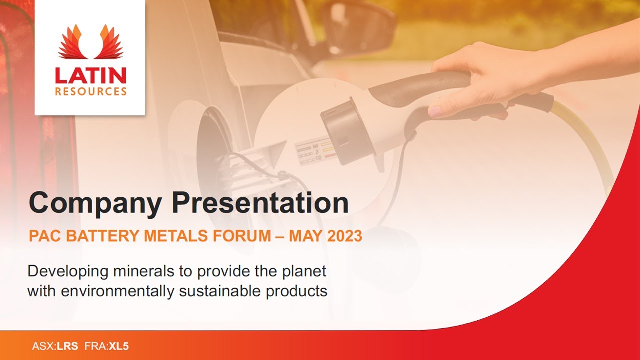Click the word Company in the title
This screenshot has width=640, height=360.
95,204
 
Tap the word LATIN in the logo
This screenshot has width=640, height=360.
90,75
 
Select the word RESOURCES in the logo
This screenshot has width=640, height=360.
90,92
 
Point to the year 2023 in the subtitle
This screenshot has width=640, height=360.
345,236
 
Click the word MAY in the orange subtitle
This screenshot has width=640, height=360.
305,236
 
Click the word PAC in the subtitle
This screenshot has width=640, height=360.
43,236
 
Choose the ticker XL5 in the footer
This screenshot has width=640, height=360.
119,346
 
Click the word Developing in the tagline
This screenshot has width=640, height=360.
68,272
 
